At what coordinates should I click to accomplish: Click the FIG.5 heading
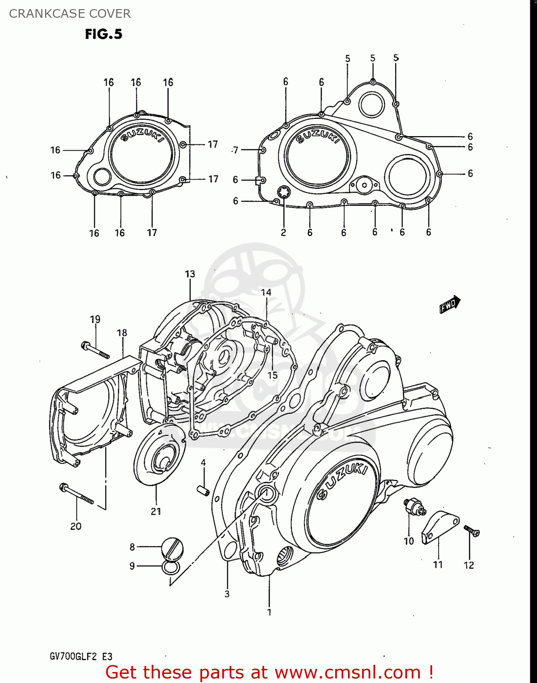point(103,34)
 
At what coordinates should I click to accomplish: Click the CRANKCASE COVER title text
point(70,14)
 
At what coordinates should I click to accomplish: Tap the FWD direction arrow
point(450,304)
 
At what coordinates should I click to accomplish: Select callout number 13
point(190,274)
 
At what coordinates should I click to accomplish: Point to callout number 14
point(266,292)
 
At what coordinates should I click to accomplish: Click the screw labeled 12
point(472,530)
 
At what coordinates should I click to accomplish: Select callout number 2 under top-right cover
point(283,233)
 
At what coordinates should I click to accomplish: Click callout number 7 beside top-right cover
point(235,150)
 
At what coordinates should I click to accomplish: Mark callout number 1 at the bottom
point(269,612)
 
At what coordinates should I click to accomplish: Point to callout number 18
point(122,333)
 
